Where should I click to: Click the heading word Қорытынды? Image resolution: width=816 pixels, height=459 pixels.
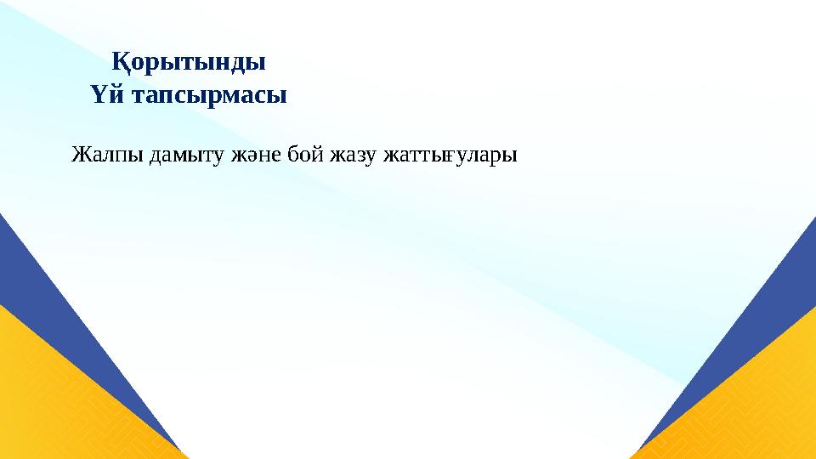(x=189, y=63)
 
